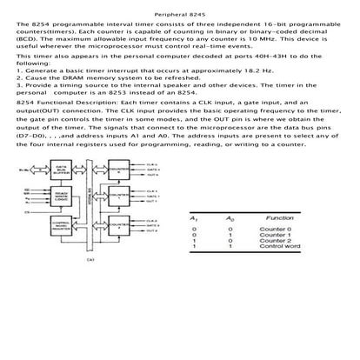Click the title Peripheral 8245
pos(180,15)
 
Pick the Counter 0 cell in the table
pos(277,230)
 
